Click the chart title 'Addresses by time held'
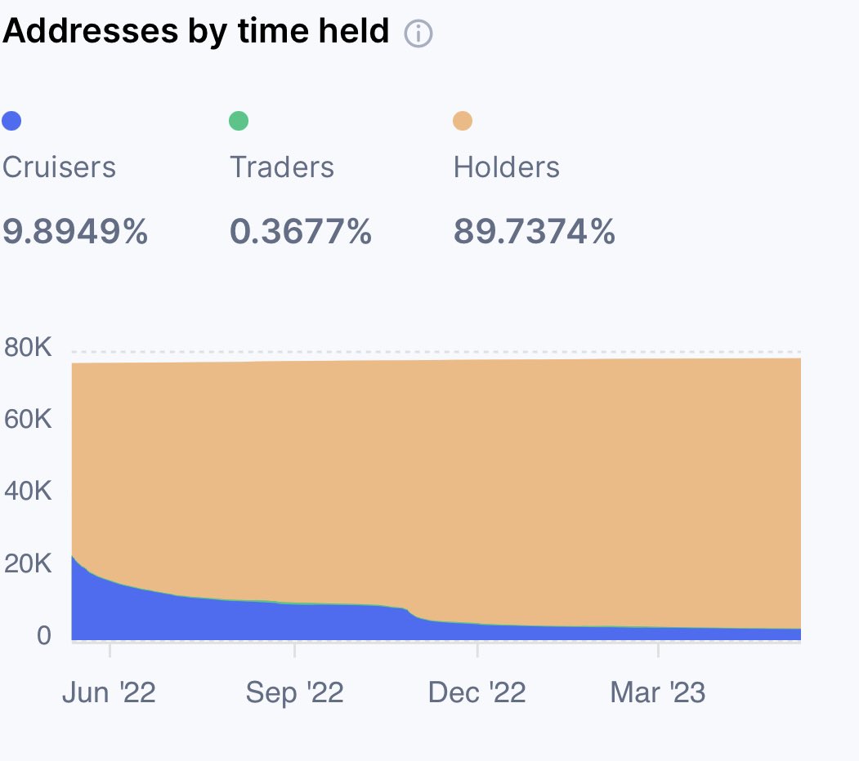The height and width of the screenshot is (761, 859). [197, 32]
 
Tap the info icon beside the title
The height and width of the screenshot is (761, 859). [418, 34]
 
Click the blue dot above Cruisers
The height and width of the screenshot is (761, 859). [11, 122]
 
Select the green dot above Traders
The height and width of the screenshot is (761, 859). [238, 122]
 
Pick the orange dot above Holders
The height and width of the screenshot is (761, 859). [463, 122]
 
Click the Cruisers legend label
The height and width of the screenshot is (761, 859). [59, 167]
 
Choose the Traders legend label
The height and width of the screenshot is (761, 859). [282, 167]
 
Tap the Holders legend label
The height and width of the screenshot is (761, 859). [507, 167]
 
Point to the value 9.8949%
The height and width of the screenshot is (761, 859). [75, 233]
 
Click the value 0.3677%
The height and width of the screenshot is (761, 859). [301, 233]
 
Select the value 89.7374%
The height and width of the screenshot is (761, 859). [535, 233]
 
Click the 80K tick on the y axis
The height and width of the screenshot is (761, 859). [28, 349]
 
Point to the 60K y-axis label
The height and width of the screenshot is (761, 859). [28, 421]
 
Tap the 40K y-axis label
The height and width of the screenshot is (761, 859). [28, 492]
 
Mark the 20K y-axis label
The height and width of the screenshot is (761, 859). [28, 564]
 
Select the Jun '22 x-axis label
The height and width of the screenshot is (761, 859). [109, 693]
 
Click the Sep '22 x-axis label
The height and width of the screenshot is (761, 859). [294, 693]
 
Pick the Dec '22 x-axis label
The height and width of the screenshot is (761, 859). [476, 693]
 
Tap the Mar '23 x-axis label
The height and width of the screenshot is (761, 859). [658, 693]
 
